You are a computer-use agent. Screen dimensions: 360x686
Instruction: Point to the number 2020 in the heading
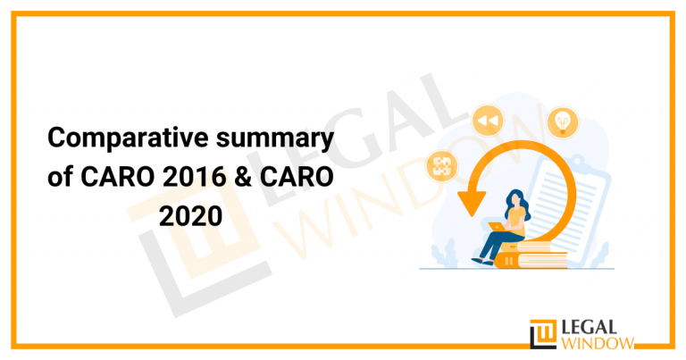pyautogui.click(x=189, y=215)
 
